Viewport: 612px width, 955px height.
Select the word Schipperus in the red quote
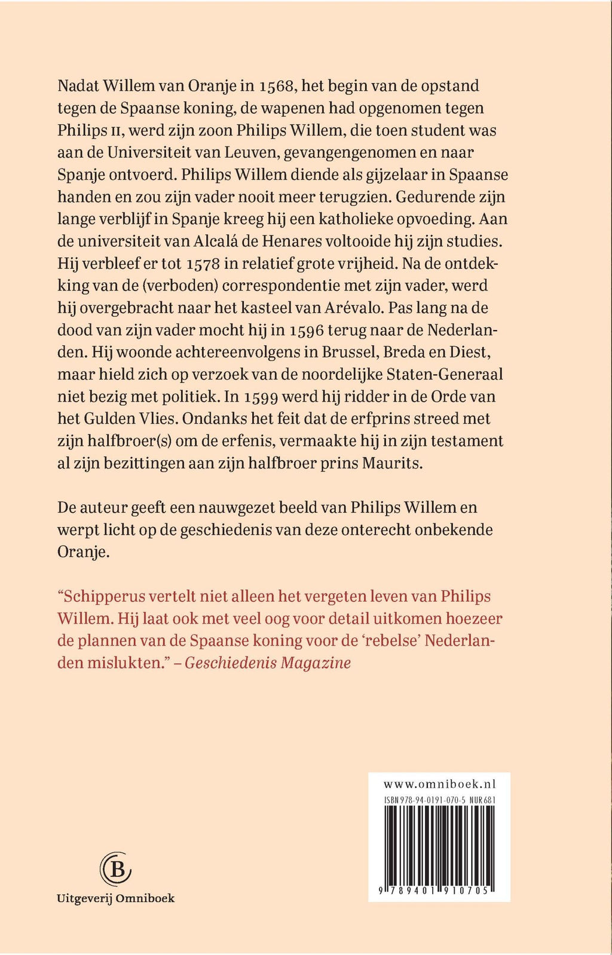click(101, 596)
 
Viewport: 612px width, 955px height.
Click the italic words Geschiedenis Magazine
click(267, 663)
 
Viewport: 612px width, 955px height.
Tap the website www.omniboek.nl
click(439, 784)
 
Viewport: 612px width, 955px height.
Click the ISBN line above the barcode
click(439, 800)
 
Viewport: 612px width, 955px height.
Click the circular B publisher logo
click(115, 870)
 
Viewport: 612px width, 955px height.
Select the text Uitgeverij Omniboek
click(115, 898)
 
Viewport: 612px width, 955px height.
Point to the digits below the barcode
click(439, 890)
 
